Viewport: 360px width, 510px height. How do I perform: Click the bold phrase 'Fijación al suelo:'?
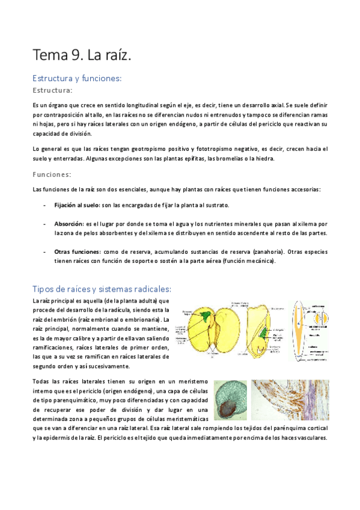tap(77, 206)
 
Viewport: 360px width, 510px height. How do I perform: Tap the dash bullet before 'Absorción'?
tap(46, 223)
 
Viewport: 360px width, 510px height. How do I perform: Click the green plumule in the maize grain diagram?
tap(265, 328)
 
